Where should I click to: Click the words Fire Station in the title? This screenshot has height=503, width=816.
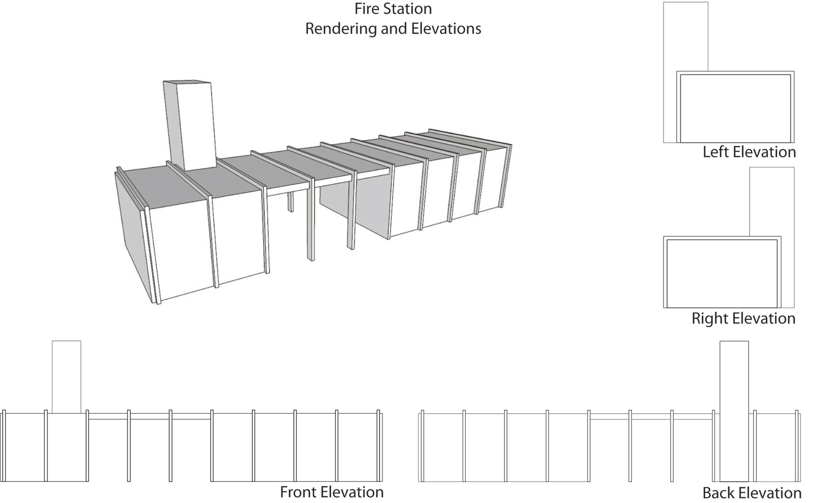click(393, 9)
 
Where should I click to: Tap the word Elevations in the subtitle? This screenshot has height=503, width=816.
click(448, 29)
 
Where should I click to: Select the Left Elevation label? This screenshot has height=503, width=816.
click(749, 152)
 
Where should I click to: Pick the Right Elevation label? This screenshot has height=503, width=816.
click(743, 318)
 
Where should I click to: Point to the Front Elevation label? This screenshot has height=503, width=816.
click(331, 492)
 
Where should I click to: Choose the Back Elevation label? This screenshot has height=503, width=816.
click(751, 493)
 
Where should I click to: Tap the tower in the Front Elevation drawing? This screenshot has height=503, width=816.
click(66, 376)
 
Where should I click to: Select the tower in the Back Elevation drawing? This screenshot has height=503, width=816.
click(734, 408)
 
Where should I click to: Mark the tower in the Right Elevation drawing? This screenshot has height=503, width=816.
click(772, 202)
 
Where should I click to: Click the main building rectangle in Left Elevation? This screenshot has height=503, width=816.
click(735, 108)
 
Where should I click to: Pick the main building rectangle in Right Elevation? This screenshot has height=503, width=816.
click(722, 273)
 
